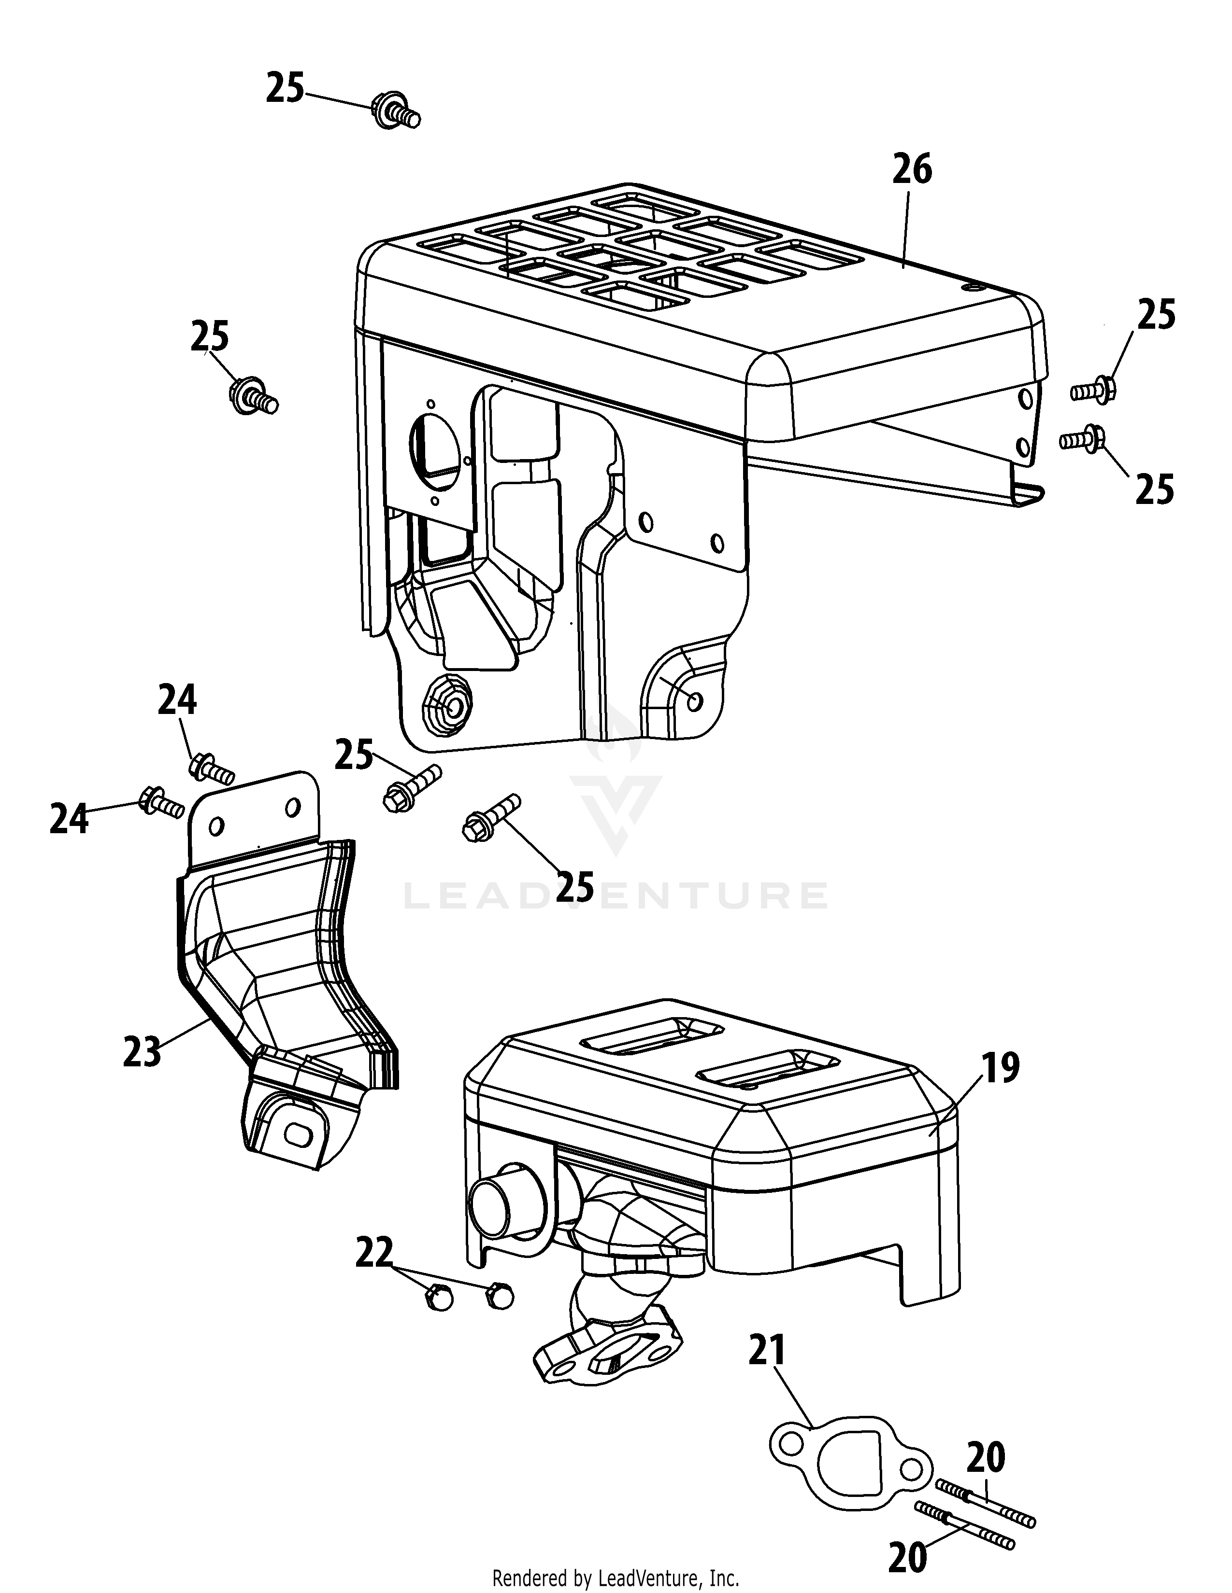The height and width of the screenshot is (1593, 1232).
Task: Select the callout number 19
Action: point(1000,1069)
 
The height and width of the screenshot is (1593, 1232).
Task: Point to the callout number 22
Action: point(373,1252)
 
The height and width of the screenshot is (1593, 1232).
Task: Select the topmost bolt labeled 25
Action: point(396,112)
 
